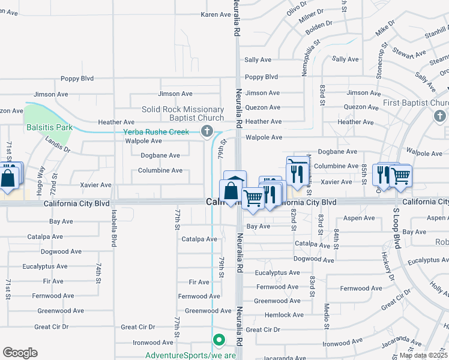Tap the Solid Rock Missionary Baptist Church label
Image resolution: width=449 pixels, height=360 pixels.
pyautogui.click(x=182, y=114)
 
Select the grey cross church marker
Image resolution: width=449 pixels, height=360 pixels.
pyautogui.click(x=206, y=131)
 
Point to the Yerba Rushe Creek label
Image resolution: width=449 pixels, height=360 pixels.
pyautogui.click(x=156, y=132)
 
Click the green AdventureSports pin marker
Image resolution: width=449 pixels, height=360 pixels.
pyautogui.click(x=218, y=340)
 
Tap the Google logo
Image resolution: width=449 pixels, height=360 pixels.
pyautogui.click(x=20, y=353)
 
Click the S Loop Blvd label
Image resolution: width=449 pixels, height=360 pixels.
pyautogui.click(x=396, y=229)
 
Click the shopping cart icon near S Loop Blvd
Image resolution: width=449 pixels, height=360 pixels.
pyautogui.click(x=400, y=176)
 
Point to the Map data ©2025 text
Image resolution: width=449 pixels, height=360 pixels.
pyautogui.click(x=423, y=355)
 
